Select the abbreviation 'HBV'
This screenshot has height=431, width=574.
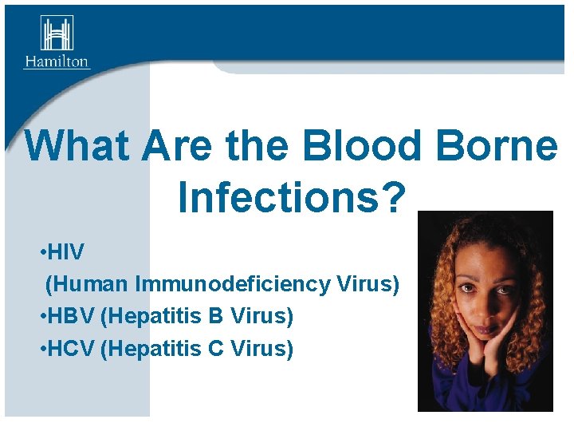72,317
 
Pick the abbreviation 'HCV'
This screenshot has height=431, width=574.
72,349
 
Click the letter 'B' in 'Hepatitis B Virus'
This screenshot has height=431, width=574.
215,317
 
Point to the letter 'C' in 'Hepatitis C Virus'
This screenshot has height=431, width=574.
215,349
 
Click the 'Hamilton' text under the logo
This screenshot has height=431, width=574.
57,61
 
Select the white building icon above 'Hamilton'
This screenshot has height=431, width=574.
57,34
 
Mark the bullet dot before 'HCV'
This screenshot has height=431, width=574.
41,350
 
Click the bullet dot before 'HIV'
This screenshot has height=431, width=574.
41,253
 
